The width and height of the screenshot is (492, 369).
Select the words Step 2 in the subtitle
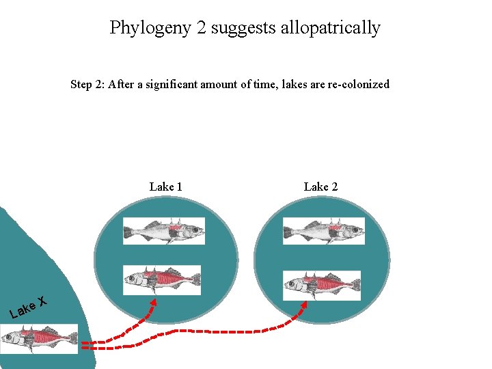(x=87, y=85)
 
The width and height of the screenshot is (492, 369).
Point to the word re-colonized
(x=356, y=85)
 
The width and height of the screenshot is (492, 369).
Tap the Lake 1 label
(x=165, y=187)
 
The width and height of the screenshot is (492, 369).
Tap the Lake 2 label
(x=320, y=187)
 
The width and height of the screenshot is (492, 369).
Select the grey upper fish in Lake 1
(x=164, y=231)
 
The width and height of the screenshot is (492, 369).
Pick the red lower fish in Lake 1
(x=163, y=277)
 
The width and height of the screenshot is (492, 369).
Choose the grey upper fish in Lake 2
(x=324, y=231)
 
